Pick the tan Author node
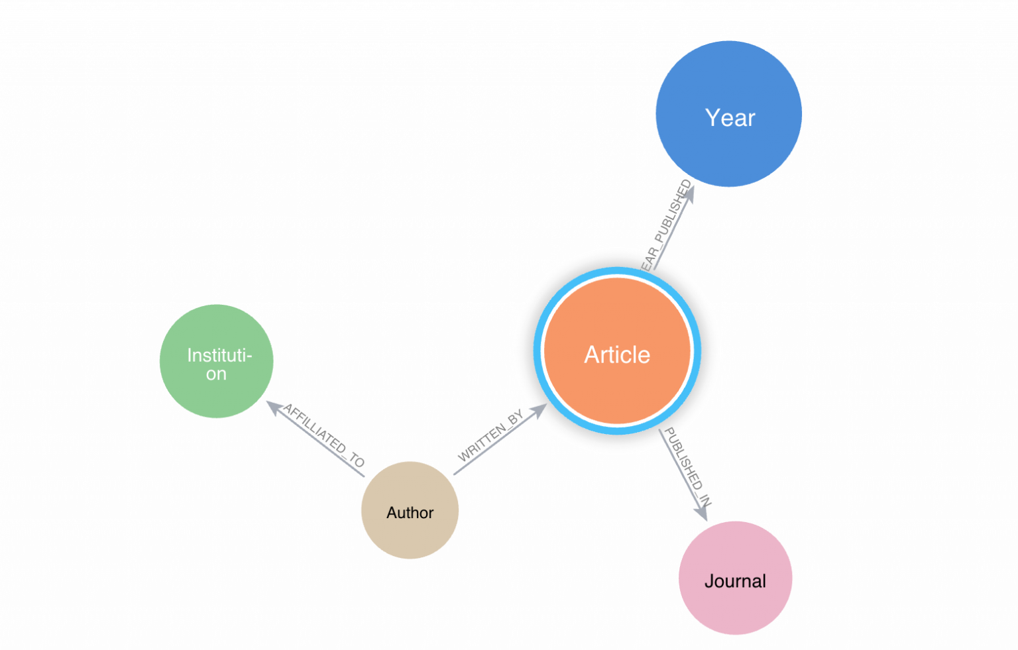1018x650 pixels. [x=410, y=537]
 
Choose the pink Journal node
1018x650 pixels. [x=735, y=610]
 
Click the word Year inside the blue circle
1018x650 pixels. [x=730, y=118]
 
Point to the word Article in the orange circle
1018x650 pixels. [x=617, y=355]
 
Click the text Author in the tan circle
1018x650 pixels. [x=410, y=513]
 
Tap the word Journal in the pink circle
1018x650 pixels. [x=735, y=581]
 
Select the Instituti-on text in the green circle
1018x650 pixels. [x=218, y=364]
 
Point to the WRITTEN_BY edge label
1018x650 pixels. [x=490, y=435]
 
